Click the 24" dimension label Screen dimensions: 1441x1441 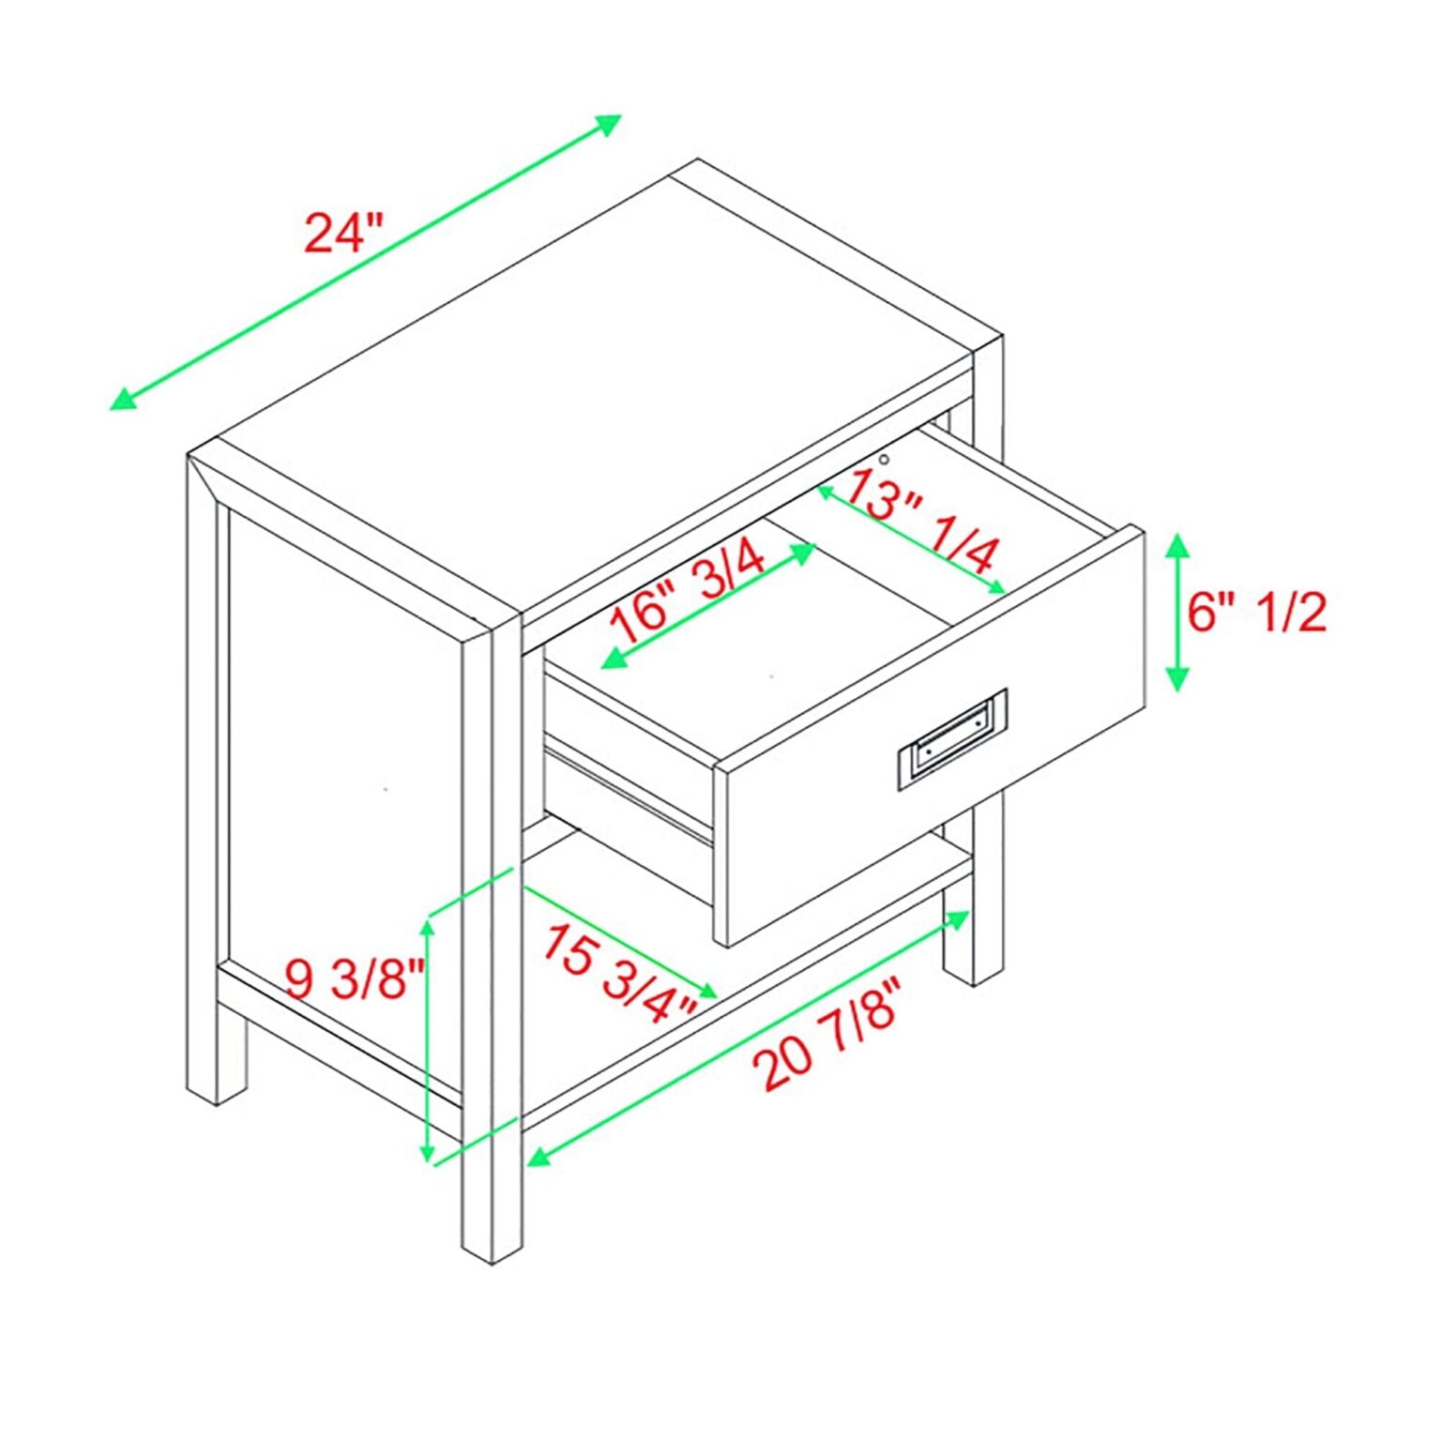(344, 233)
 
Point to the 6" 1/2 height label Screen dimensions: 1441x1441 (1257, 613)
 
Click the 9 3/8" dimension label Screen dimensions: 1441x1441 (356, 979)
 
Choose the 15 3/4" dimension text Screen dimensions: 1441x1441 (619, 972)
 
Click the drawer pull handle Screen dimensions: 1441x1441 (952, 739)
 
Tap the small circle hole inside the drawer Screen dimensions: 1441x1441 (884, 459)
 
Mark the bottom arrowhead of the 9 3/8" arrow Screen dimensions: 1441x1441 (428, 1148)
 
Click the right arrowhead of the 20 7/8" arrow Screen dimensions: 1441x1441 (958, 918)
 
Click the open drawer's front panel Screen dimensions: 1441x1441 (929, 736)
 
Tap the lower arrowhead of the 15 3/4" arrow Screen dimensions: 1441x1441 (706, 991)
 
